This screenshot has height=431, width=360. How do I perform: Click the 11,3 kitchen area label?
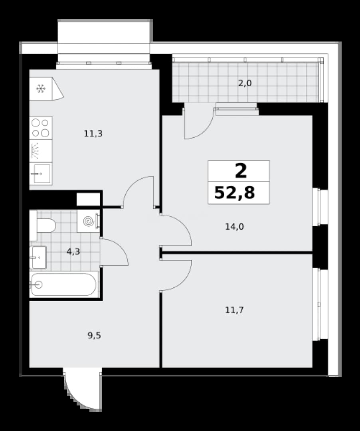(x=93, y=134)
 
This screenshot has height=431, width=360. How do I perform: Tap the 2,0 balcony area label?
(x=245, y=83)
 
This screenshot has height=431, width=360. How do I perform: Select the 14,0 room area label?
(x=234, y=227)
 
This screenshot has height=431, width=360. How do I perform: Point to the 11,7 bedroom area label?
(x=234, y=310)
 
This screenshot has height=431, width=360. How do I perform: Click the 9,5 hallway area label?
(x=94, y=335)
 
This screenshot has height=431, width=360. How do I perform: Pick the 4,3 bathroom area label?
(x=73, y=251)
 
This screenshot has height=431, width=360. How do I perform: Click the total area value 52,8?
(x=234, y=192)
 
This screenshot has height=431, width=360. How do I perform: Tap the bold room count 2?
(x=241, y=171)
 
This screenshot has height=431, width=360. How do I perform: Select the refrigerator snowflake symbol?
(x=41, y=89)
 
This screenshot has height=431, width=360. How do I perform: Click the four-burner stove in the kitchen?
(x=41, y=128)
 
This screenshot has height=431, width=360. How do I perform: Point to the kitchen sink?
(x=41, y=174)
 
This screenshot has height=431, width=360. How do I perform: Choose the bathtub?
(x=64, y=285)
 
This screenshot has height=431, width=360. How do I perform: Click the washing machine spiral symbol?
(x=89, y=221)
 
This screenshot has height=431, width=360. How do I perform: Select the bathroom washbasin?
(x=38, y=257)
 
